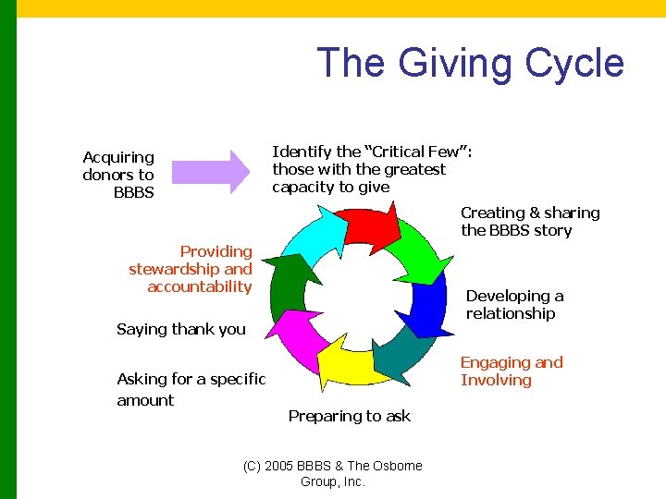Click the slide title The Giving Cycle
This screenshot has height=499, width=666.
(470, 63)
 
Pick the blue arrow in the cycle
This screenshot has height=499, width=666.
(427, 310)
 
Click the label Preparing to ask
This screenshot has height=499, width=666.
(349, 416)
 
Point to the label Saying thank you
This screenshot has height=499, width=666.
(181, 329)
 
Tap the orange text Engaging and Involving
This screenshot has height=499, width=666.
(512, 371)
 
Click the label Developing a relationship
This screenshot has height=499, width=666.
(514, 305)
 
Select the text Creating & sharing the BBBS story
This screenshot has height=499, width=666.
(530, 222)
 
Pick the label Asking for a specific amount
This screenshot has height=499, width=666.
(191, 389)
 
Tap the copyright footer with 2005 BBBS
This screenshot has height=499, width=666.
(332, 473)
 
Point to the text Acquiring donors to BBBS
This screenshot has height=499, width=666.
(118, 175)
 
